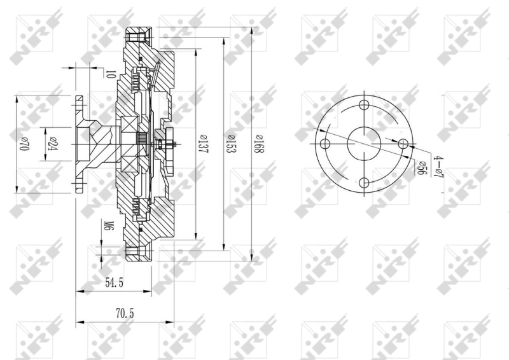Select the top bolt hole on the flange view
point(364,106)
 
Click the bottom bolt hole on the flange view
point(364,183)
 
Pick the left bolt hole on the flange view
point(325,144)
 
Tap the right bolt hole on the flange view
point(403,144)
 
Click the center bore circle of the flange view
point(364,144)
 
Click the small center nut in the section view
point(170,145)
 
